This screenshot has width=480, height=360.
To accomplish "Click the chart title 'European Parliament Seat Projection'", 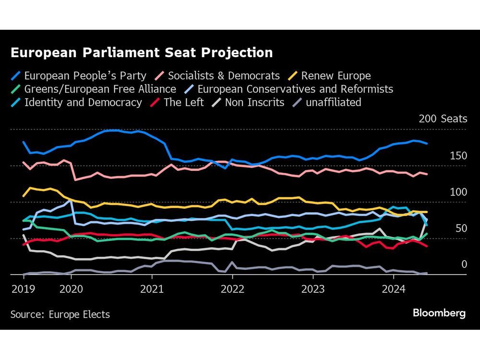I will click(x=142, y=53).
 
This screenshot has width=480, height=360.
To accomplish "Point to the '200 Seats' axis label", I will click(x=443, y=119).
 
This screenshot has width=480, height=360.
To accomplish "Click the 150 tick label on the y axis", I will click(x=458, y=156).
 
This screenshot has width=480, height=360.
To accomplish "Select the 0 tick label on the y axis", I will click(x=464, y=264).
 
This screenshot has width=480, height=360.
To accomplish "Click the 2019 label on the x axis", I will click(x=22, y=289).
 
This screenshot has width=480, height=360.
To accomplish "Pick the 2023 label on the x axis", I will click(x=313, y=289).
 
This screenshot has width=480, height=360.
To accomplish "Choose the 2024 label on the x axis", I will click(x=394, y=289).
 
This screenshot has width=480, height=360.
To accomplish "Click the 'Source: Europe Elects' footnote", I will click(x=60, y=315).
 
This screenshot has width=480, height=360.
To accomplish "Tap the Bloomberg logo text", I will click(x=439, y=313).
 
